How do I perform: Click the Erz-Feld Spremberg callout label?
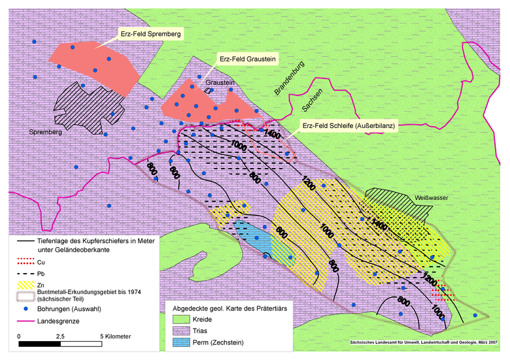(x=150, y=32)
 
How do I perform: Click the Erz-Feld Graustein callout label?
(x=248, y=59)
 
